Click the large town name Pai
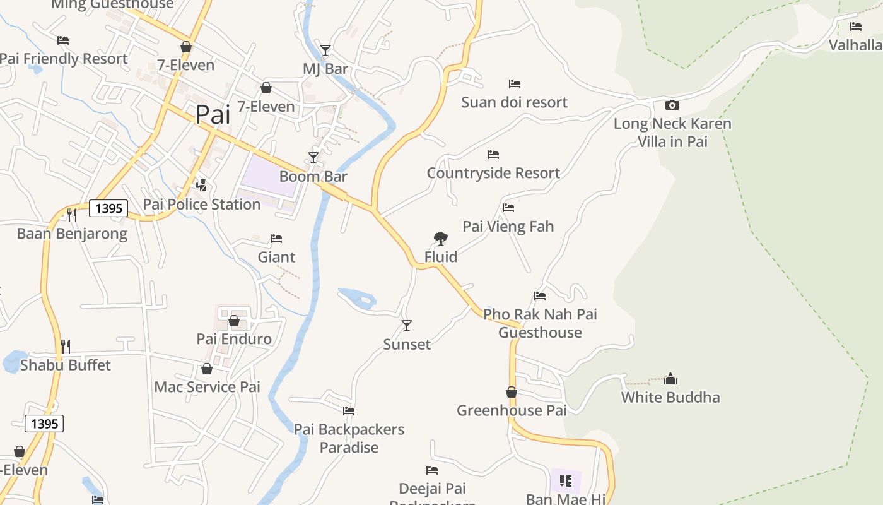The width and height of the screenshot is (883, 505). click(x=213, y=114)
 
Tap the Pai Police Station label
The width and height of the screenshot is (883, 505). click(x=202, y=205)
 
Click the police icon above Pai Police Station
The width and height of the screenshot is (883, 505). click(x=202, y=185)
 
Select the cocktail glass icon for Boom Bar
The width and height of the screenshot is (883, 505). click(x=313, y=157)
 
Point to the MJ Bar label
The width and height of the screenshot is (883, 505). click(x=325, y=69)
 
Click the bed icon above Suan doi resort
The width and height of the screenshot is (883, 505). click(x=515, y=83)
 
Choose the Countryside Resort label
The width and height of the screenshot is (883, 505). click(x=493, y=173)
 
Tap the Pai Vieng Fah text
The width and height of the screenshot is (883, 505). click(x=508, y=226)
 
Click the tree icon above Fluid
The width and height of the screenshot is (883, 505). click(x=441, y=238)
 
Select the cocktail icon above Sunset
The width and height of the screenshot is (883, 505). click(x=407, y=326)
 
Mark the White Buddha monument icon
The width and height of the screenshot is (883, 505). click(x=670, y=379)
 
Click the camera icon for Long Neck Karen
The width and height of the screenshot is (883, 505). click(x=672, y=105)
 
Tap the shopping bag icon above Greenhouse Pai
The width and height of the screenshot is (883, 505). click(x=512, y=392)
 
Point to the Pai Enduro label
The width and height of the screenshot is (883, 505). click(x=234, y=339)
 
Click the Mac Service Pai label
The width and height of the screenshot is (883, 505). click(x=207, y=387)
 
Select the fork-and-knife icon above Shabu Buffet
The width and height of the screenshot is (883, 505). click(x=65, y=346)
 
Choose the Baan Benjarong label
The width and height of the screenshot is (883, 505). click(x=72, y=234)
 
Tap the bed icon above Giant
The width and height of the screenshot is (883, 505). click(x=276, y=238)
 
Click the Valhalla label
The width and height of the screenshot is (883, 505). click(x=855, y=45)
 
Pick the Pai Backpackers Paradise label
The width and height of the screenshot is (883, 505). click(x=349, y=438)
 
